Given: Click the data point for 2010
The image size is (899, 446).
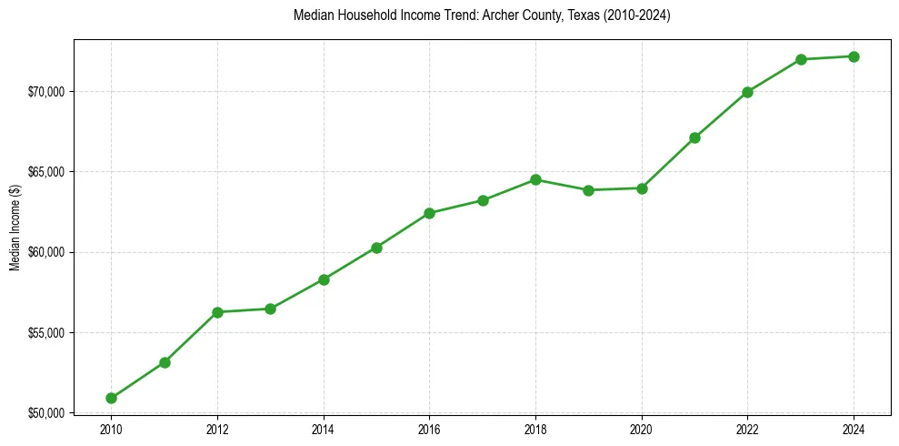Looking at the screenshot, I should [x=111, y=398].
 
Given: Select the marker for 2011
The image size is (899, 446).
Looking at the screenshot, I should [x=165, y=362].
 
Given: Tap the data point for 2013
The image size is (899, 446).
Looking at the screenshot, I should [x=270, y=309].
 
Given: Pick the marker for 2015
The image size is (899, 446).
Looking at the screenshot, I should [x=376, y=248].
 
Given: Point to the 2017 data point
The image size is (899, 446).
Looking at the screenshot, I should [x=483, y=200].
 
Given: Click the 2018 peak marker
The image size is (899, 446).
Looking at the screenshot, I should [x=535, y=179].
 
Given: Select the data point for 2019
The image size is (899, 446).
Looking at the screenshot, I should [x=588, y=190].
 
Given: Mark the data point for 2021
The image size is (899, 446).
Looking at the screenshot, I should [x=694, y=137].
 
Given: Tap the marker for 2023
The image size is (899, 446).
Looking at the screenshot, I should [x=801, y=59].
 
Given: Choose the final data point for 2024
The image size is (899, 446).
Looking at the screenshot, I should [x=854, y=56].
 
